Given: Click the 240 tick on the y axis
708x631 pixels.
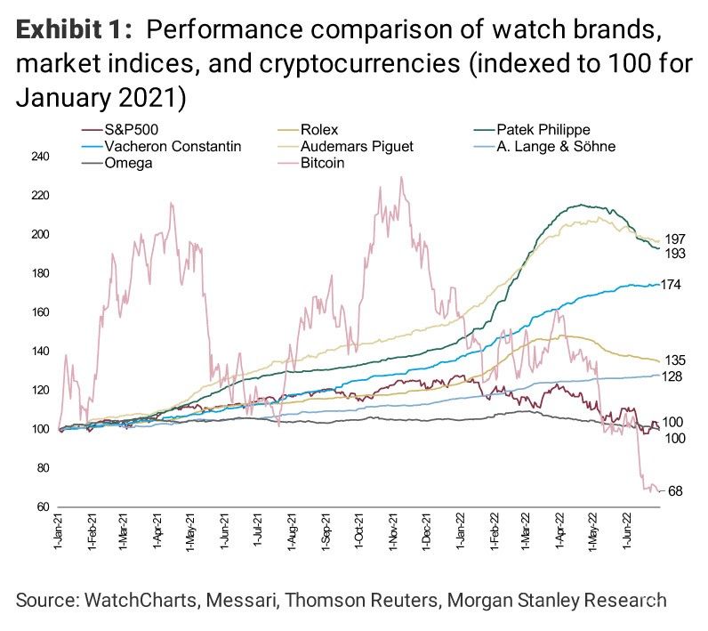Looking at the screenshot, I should tap(41, 157).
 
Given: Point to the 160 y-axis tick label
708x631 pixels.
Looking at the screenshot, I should tap(41, 312).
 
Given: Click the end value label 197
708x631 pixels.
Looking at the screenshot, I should tap(675, 239).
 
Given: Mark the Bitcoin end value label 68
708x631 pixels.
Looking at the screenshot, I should tap(675, 491).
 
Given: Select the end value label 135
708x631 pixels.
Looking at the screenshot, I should tap(675, 360).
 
